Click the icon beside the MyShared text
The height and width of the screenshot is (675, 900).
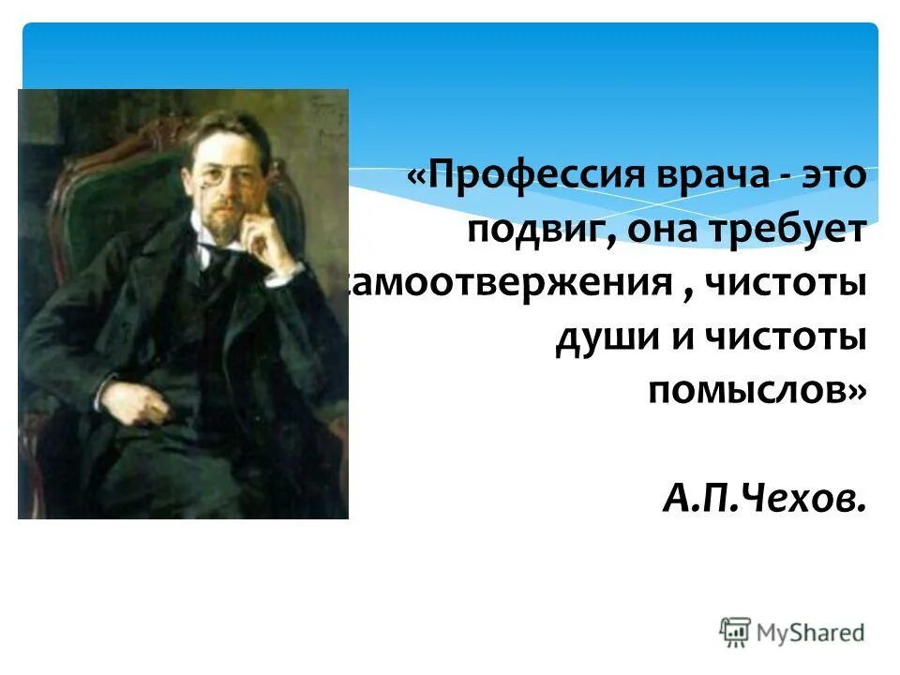click(736, 632)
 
